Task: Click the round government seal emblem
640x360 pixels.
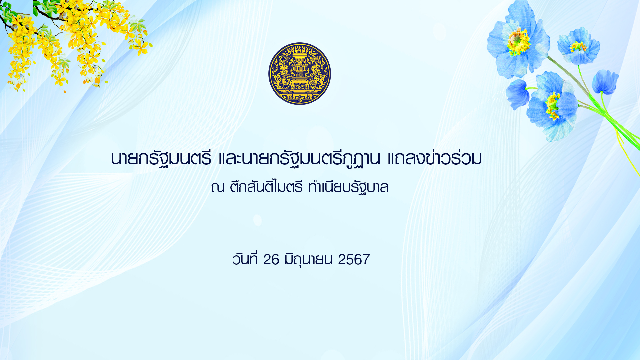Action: pyautogui.click(x=300, y=74)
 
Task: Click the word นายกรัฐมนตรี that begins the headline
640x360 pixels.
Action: pyautogui.click(x=161, y=159)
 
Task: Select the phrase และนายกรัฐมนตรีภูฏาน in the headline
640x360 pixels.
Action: pyautogui.click(x=299, y=159)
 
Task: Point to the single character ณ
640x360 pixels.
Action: pyautogui.click(x=217, y=187)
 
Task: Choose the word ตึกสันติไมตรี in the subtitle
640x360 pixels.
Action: pyautogui.click(x=266, y=187)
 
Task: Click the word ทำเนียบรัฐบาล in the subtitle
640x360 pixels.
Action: pyautogui.click(x=348, y=187)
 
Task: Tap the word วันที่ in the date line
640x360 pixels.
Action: pyautogui.click(x=245, y=259)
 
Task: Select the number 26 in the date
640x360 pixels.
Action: pyautogui.click(x=271, y=260)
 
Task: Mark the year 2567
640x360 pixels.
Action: pyautogui.click(x=354, y=260)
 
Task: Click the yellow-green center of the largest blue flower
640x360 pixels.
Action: pyautogui.click(x=518, y=41)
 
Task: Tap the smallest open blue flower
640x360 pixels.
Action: pyautogui.click(x=579, y=46)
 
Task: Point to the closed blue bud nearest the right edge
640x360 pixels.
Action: pyautogui.click(x=605, y=82)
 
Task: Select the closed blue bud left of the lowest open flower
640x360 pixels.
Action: pyautogui.click(x=517, y=94)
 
